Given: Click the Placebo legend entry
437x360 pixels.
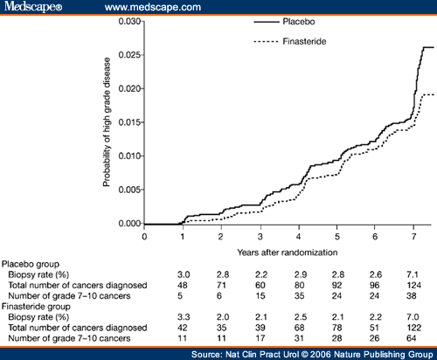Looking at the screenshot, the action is click(x=284, y=22).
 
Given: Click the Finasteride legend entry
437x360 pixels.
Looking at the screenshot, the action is click(x=290, y=41).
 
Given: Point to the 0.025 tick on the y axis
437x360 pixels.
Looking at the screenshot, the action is click(x=142, y=55).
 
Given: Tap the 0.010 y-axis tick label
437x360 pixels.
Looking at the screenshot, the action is click(x=129, y=156).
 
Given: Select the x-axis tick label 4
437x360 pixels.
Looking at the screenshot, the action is click(x=299, y=237).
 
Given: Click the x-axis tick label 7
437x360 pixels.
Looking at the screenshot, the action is click(x=413, y=237).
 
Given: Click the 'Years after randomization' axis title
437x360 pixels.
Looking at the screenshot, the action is click(x=288, y=253).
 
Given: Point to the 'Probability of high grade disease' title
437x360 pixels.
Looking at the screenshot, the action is click(x=107, y=121).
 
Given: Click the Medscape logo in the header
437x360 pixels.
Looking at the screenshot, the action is click(x=33, y=6).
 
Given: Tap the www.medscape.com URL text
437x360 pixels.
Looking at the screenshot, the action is click(x=153, y=7).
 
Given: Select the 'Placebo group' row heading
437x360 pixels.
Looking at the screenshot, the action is click(x=31, y=265).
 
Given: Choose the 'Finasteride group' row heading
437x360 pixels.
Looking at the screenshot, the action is click(x=36, y=307).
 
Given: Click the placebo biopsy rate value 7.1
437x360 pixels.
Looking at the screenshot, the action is click(x=413, y=274).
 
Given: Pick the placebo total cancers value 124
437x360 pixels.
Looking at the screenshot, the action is click(x=414, y=285).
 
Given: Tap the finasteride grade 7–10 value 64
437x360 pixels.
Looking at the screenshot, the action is click(x=412, y=338).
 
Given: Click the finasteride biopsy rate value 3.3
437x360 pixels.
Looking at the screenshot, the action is click(x=184, y=317).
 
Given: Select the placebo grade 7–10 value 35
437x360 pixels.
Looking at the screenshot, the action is click(x=299, y=296).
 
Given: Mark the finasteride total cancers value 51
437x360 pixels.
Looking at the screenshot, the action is click(x=374, y=328).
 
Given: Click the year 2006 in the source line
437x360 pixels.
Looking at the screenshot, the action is click(x=321, y=354).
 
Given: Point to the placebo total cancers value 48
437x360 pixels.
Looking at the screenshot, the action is click(x=183, y=285).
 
